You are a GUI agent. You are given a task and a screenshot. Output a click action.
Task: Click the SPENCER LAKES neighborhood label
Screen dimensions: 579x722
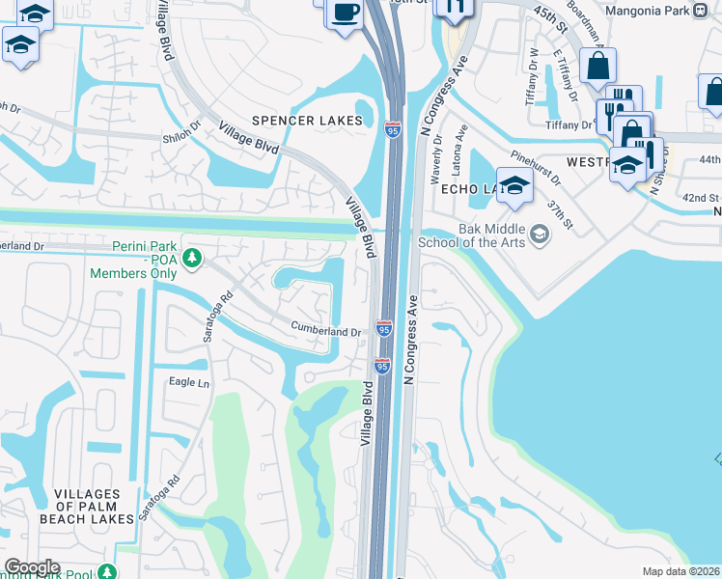pos(307,121)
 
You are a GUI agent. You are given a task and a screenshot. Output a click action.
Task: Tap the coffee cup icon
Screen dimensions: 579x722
pos(345,14)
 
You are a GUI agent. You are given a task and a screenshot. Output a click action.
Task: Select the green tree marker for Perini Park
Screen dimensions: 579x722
pos(192,258)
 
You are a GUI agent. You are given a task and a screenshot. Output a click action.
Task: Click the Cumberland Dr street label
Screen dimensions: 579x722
pos(326,331)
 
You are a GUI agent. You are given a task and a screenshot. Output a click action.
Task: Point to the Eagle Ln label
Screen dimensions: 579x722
pos(189,383)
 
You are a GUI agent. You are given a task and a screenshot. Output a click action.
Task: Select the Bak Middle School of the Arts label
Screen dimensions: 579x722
pos(472,236)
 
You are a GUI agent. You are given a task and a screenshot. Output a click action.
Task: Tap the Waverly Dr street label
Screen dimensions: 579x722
pos(437,155)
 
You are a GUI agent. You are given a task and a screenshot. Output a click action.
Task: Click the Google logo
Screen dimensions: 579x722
pos(32,567)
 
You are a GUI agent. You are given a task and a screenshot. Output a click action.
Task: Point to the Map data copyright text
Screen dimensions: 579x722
pos(681,571)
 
